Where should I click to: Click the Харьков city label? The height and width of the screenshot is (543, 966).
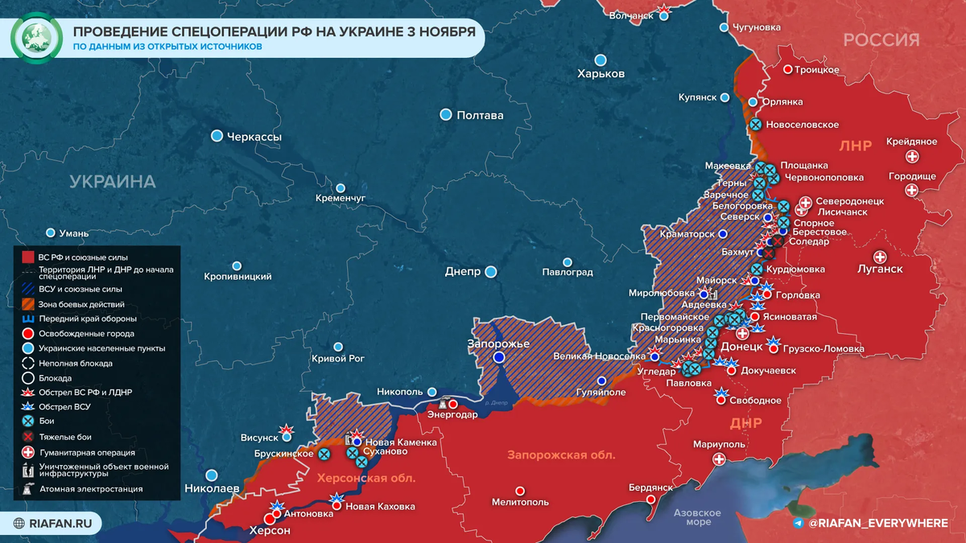click(601, 73)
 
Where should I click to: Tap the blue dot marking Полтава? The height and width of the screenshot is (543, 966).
click(446, 115)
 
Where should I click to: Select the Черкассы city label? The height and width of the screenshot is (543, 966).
click(254, 137)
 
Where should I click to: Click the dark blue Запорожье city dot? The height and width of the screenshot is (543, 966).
click(499, 357)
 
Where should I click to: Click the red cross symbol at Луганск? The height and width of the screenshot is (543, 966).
click(880, 257)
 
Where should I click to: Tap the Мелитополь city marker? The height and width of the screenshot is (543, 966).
click(520, 490)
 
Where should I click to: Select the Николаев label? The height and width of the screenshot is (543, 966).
click(212, 488)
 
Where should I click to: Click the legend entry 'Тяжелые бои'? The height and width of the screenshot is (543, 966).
click(64, 437)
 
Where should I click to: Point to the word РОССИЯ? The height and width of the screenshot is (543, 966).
click(881, 40)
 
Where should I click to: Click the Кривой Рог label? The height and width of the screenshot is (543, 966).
click(339, 359)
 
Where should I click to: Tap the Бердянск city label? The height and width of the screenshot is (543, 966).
click(650, 487)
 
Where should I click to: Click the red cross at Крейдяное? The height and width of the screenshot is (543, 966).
click(912, 157)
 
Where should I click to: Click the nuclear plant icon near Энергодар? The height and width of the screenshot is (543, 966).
click(441, 404)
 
